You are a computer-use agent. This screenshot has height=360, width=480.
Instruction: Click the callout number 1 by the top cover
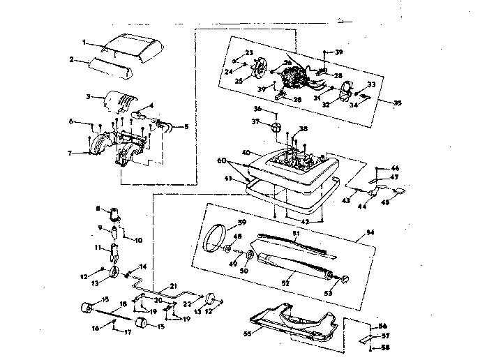tap(84, 43)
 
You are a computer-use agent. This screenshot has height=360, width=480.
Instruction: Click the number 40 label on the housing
tap(245, 153)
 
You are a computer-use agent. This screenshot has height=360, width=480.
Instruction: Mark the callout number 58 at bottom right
tap(384, 346)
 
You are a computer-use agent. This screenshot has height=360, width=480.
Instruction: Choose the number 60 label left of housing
tap(222, 160)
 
